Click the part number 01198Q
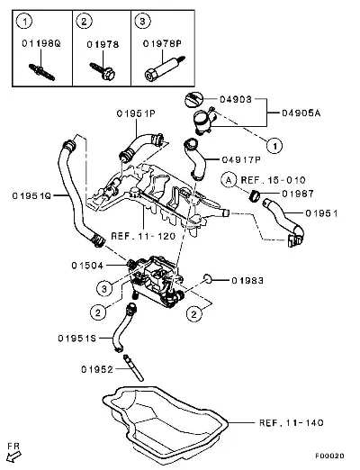point(41,43)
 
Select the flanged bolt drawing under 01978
point(103,71)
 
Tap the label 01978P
point(162,44)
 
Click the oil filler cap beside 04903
point(193,100)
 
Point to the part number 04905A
point(301,113)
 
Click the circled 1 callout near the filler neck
point(274,146)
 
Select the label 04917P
point(241,159)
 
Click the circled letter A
point(229,180)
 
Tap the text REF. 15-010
point(273,180)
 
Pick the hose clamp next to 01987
point(255,195)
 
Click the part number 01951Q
point(31,196)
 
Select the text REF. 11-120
point(143,236)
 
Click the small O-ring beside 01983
point(207,278)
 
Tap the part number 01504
point(87,266)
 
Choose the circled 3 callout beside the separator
point(104,289)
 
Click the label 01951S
point(77,339)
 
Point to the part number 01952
point(97,369)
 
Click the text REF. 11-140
point(292,423)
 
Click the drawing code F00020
point(329,456)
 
